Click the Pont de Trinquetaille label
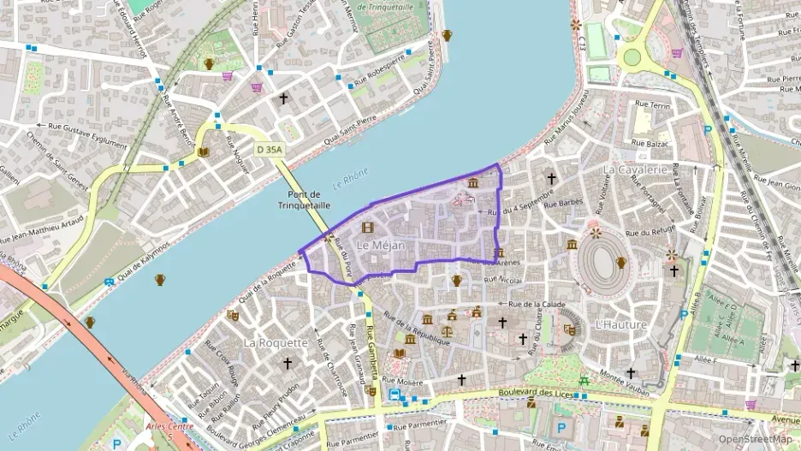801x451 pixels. tap(297, 199)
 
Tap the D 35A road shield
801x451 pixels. tap(270, 149)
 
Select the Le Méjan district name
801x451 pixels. tap(380, 246)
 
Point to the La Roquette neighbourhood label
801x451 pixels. tap(275, 342)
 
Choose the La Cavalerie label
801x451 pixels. tap(634, 169)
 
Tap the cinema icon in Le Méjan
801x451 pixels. tap(368, 228)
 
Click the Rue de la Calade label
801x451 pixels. tap(537, 304)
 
